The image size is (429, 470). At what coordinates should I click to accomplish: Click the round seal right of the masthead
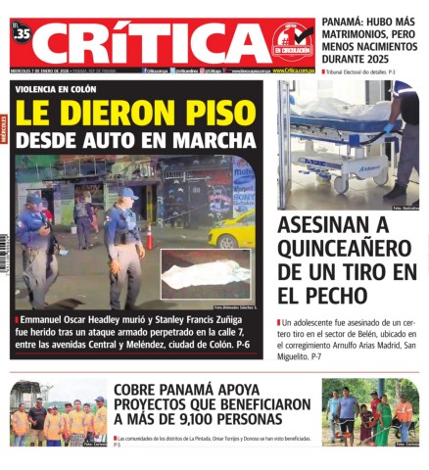click(x=292, y=41)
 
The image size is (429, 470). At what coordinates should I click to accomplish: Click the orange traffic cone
click(x=149, y=237)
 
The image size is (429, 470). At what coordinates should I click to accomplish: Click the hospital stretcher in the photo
click(x=333, y=147)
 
